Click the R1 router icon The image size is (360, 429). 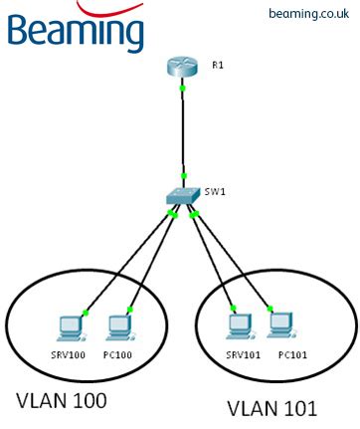182,68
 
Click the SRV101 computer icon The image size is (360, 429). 236,324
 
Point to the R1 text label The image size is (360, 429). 218,65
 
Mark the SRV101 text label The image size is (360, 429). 239,353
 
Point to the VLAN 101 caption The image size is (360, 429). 271,407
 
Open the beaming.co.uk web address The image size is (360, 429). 307,14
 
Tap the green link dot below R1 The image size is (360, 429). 182,89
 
